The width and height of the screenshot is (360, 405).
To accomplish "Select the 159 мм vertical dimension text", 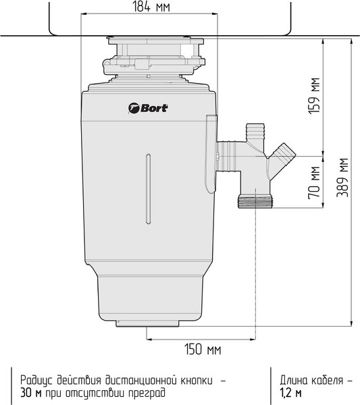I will tap(313, 95).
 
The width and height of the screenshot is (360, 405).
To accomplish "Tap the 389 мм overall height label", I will tap(344, 177).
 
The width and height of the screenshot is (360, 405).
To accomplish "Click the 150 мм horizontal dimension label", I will tap(203, 350).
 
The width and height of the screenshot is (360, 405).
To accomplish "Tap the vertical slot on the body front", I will tap(147, 189).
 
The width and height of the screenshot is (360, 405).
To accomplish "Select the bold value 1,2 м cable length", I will tap(290, 392).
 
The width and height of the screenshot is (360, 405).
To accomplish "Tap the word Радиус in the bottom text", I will tap(37, 379).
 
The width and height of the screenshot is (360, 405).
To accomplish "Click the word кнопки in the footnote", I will tap(197, 379).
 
